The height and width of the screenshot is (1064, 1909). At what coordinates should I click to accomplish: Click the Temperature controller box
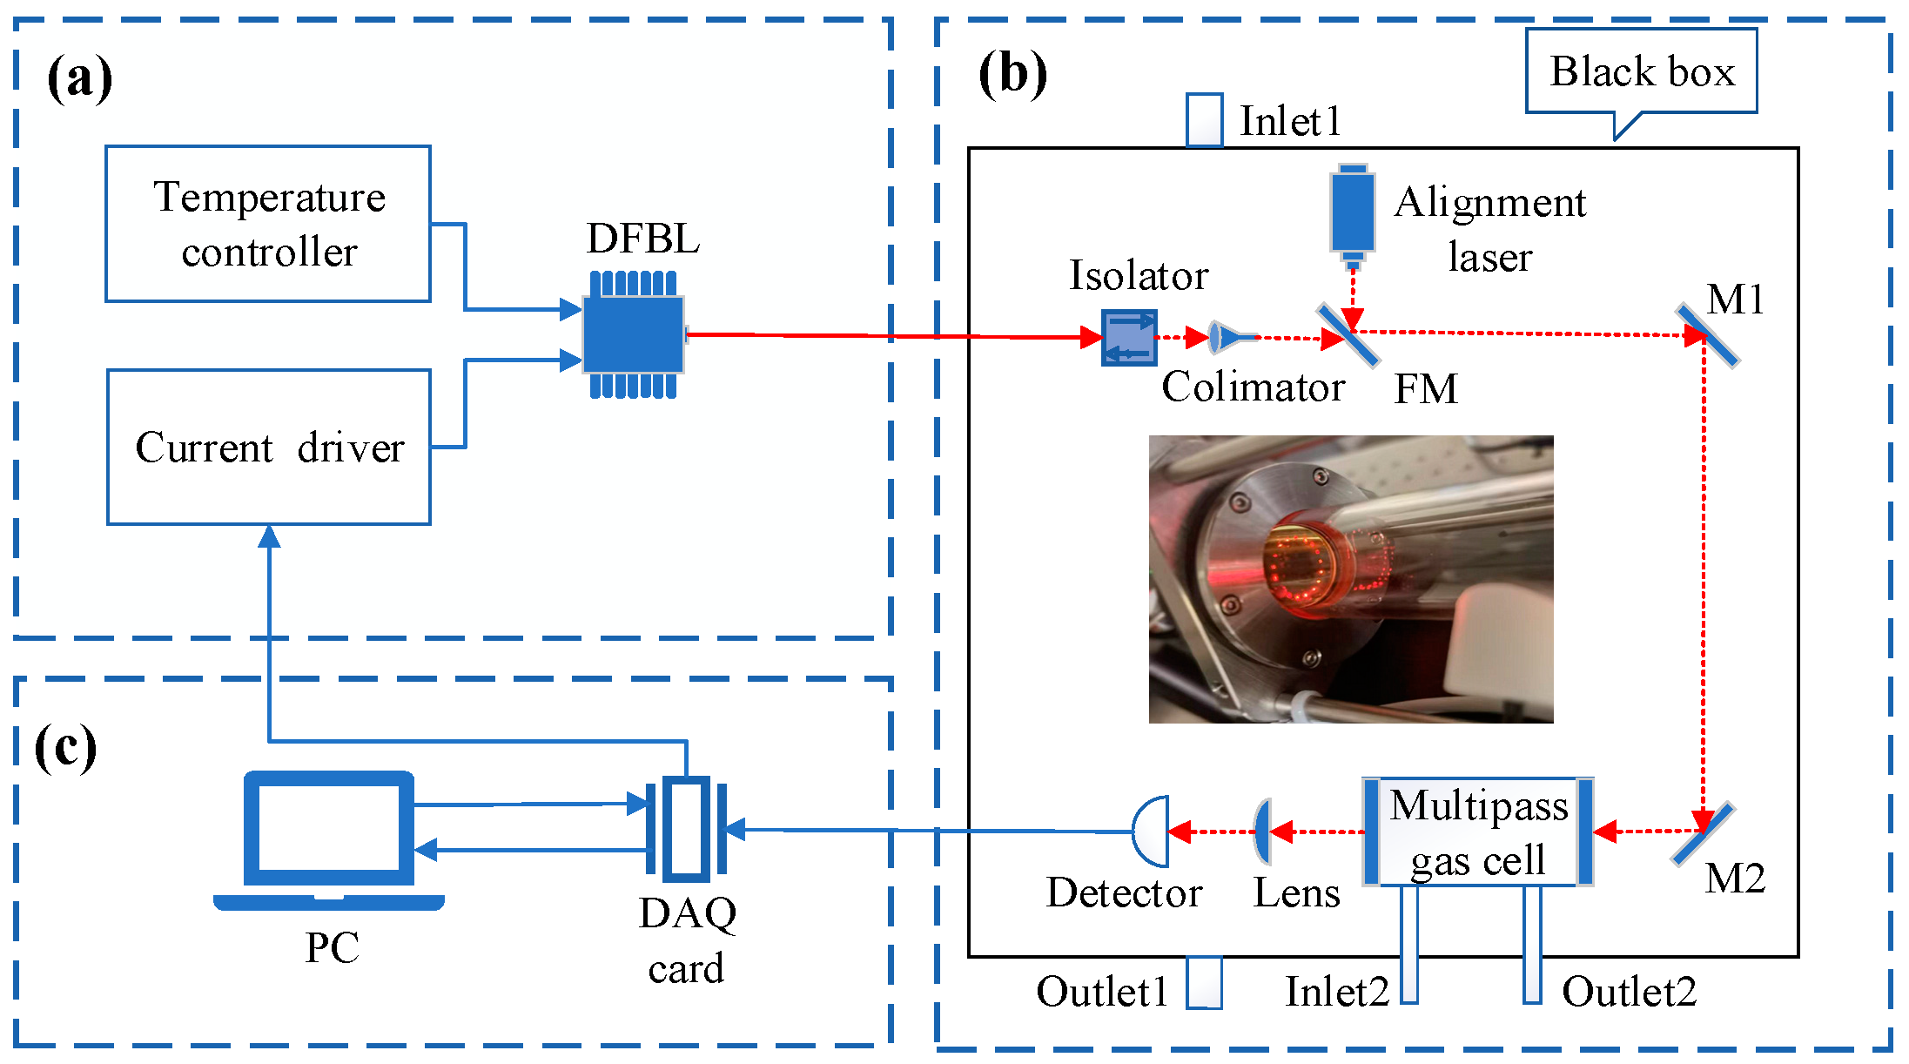[x=268, y=224]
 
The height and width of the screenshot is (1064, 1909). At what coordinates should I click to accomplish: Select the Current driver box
[x=269, y=447]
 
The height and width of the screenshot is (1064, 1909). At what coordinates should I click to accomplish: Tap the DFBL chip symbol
[x=634, y=335]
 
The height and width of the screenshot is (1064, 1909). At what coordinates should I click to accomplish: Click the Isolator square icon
[x=1129, y=338]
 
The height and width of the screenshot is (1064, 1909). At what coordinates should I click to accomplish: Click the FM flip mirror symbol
[x=1348, y=335]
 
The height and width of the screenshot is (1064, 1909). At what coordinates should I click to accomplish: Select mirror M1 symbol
[x=1707, y=335]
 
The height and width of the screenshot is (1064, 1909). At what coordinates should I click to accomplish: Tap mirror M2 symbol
[x=1703, y=833]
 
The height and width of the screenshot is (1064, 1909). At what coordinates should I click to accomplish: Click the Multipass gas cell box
[x=1478, y=832]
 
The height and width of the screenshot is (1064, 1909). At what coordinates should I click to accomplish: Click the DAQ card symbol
[x=686, y=829]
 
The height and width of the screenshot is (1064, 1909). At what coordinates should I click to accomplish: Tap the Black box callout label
[x=1642, y=71]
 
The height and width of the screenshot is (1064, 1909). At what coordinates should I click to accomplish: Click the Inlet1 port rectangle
[x=1205, y=120]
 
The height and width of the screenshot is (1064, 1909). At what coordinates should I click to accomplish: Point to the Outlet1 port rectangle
[x=1205, y=983]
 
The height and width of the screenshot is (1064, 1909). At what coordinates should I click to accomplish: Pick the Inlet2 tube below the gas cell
[x=1409, y=945]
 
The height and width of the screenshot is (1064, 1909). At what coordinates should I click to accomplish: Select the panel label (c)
[x=65, y=747]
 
